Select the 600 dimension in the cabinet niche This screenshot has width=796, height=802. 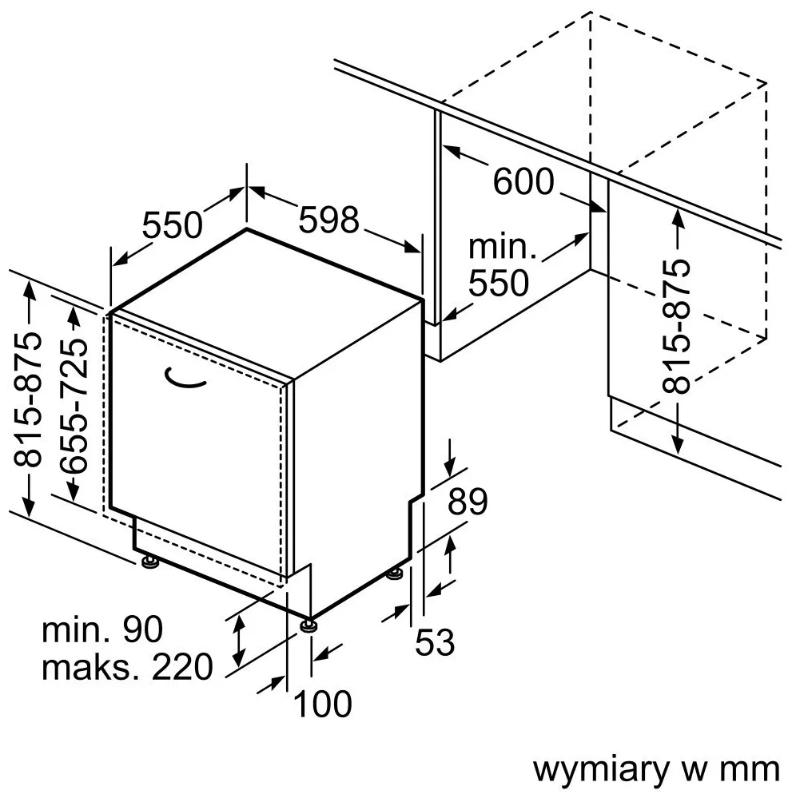tap(523, 182)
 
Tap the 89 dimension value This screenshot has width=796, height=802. tap(467, 502)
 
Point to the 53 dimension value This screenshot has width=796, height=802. tap(434, 641)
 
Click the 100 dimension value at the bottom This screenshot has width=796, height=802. tap(323, 704)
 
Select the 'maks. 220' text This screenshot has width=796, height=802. tap(127, 666)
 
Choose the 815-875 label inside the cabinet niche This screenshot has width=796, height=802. tap(677, 327)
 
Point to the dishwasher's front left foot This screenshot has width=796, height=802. tap(149, 563)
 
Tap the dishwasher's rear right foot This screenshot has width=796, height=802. tap(395, 574)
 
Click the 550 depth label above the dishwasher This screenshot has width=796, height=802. tap(173, 225)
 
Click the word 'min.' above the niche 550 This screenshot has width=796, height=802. tap(502, 247)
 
